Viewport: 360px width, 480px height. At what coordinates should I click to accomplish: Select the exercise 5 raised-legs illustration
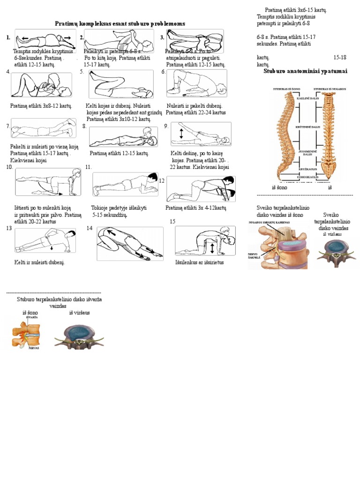click(x=121, y=84)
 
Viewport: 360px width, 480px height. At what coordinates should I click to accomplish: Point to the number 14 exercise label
click(x=89, y=228)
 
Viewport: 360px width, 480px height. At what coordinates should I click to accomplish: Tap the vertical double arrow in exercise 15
click(x=212, y=247)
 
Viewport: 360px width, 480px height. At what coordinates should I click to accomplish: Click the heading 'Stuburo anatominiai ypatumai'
click(x=305, y=71)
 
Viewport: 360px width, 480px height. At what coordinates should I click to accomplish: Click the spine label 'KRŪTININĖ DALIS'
click(x=307, y=127)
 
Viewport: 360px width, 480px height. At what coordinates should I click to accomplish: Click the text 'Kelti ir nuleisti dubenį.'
click(x=39, y=262)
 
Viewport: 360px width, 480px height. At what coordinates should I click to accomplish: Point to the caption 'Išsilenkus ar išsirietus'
click(x=199, y=262)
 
